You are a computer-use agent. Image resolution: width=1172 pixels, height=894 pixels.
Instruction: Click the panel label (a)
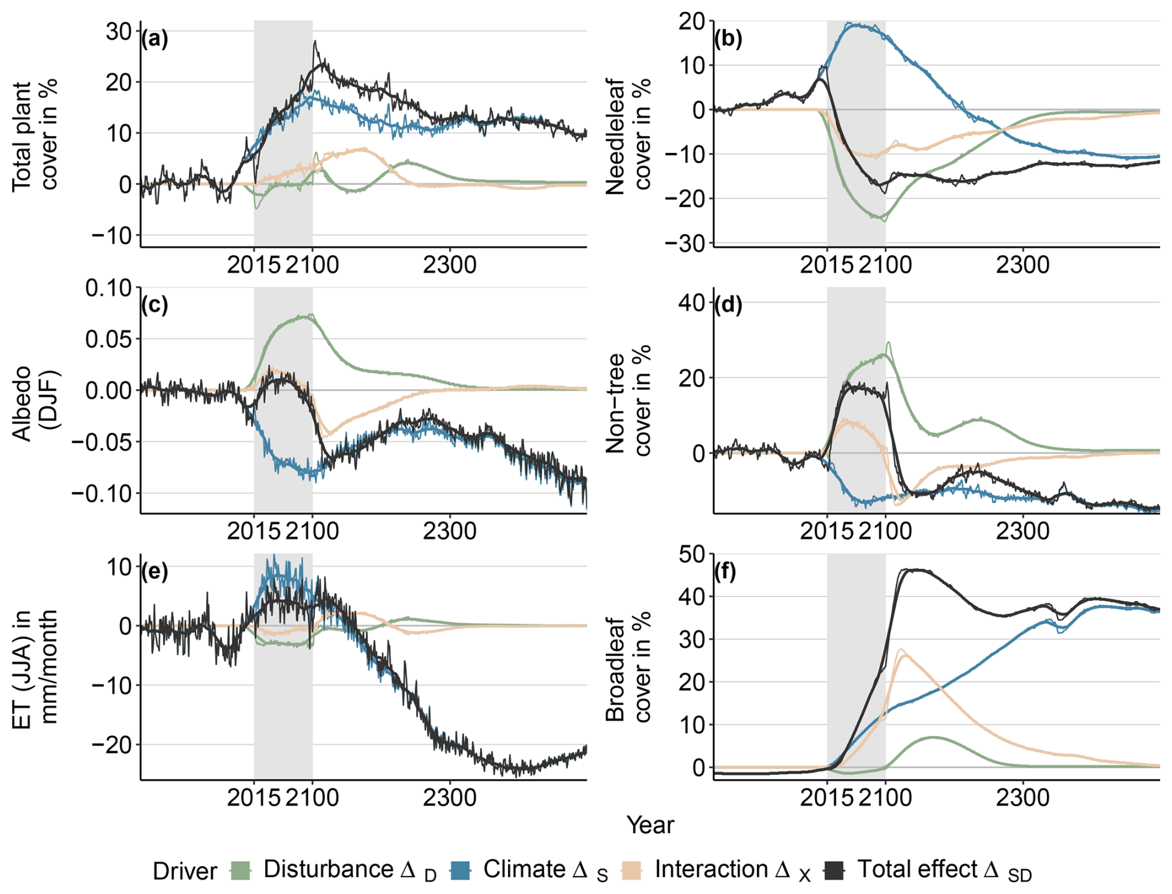point(154,40)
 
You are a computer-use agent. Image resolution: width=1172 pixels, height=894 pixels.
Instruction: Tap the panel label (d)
point(728,305)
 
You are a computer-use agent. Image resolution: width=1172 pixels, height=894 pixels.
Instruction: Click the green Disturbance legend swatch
point(240,870)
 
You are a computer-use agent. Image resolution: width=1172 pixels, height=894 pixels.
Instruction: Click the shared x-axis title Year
point(650,825)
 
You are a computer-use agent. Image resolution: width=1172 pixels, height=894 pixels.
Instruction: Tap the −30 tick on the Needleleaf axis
point(685,243)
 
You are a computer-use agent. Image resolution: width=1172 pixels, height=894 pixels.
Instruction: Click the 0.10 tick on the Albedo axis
point(108,288)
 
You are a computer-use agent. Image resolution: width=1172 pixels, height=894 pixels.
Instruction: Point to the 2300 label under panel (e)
point(450,797)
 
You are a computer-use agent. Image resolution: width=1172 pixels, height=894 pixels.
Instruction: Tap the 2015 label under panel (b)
point(826,265)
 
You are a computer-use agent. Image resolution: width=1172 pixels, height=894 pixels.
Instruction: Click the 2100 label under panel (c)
point(312,531)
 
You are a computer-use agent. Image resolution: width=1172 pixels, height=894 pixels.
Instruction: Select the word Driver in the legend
point(185,871)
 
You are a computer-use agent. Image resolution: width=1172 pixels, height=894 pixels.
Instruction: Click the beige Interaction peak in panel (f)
point(901,651)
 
